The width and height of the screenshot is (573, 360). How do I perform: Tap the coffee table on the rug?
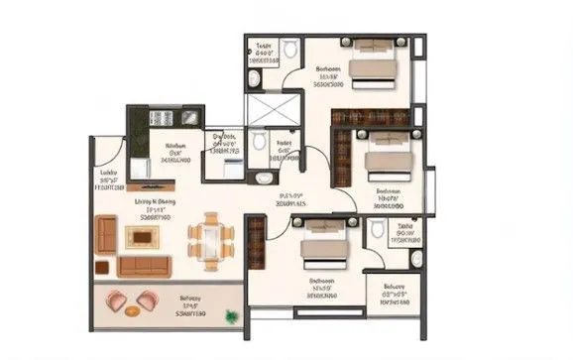click(x=140, y=237)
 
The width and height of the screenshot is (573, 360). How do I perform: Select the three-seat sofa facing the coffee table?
click(x=144, y=265)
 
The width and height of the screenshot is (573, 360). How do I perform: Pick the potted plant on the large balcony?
click(x=232, y=316)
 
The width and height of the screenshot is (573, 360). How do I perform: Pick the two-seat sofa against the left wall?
click(x=106, y=236)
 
